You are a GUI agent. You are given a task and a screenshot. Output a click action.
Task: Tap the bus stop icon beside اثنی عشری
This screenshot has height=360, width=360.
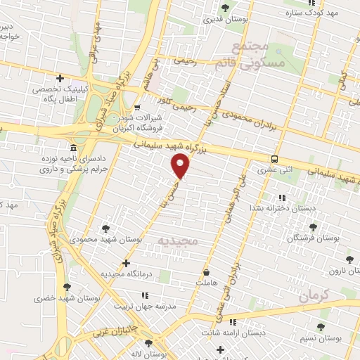(274, 159)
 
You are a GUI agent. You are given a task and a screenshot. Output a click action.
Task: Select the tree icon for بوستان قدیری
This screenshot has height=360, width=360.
(225, 8)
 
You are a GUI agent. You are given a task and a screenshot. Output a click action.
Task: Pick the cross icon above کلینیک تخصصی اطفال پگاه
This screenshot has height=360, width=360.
(60, 78)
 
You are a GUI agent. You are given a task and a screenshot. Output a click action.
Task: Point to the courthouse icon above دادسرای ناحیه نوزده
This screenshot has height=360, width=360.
(75, 148)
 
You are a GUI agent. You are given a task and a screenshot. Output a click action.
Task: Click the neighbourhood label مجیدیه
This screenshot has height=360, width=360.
(178, 241)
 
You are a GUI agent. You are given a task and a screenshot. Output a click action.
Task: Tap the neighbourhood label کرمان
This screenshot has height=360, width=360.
(314, 296)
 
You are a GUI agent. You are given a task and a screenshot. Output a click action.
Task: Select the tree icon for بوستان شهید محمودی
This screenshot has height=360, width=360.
(105, 228)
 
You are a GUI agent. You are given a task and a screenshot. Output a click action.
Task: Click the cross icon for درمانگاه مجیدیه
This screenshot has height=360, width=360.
(126, 264)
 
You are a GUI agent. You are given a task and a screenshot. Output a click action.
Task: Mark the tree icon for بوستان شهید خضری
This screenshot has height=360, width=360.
(67, 287)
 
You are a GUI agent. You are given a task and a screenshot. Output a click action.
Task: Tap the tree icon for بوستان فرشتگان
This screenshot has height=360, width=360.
(313, 227)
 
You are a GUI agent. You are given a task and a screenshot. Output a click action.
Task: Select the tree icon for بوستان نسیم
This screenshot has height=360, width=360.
(321, 327)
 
